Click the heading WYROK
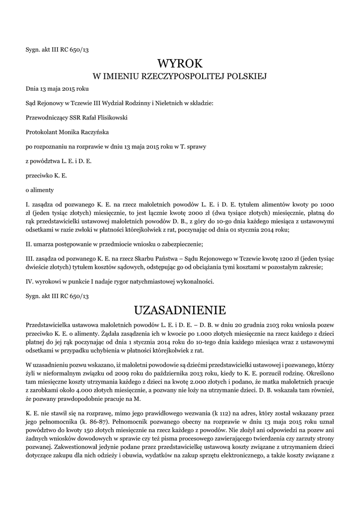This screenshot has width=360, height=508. tap(180, 63)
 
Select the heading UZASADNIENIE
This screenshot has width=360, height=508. tap(180, 310)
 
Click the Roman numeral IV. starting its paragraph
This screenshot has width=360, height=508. tap(30, 282)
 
